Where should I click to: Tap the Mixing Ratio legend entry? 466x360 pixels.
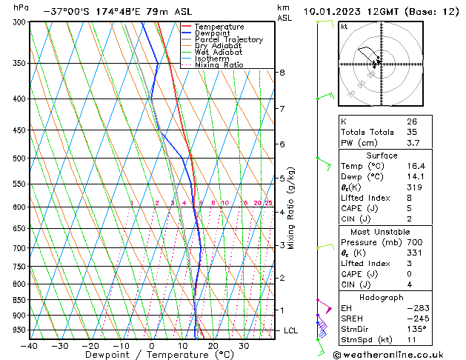(x=219, y=65)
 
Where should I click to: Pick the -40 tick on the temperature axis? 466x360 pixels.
(x=29, y=345)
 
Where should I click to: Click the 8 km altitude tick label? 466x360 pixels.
(x=282, y=73)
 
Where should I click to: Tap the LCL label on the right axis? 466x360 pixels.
(x=290, y=330)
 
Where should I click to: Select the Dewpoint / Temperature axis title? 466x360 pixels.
(x=148, y=355)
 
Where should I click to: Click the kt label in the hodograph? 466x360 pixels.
(x=344, y=26)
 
